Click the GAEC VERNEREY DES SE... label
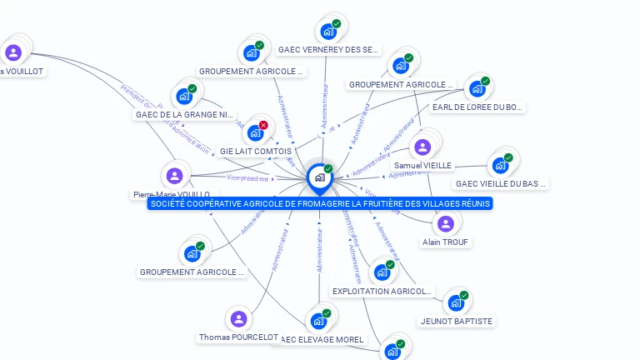coord(328,49)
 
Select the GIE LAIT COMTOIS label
coord(256,151)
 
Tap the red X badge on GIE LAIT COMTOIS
coord(263,125)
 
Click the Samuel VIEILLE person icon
coord(422,147)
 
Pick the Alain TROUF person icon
coord(445,223)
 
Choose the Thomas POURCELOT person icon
coord(239,318)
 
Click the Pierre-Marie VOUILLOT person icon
coord(174,176)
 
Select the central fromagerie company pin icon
coord(319,177)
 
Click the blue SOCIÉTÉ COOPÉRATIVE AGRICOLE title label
coord(320,203)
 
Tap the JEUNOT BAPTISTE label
coord(457,321)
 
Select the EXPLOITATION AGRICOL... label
coord(382,291)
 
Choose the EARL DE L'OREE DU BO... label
coord(477,107)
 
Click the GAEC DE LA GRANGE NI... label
coord(185,114)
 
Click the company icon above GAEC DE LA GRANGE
coord(183,96)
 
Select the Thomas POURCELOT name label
coord(239,337)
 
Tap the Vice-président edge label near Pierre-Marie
coord(247,177)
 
